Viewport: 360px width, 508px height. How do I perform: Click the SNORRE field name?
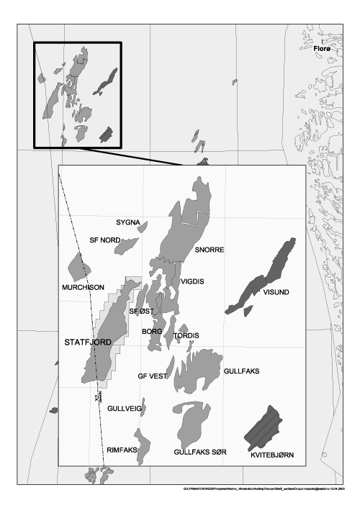coord(210,250)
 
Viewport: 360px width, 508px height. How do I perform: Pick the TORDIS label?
coord(186,336)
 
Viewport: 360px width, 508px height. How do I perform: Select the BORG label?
coord(153,332)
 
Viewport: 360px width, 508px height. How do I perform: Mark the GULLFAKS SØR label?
coord(200,452)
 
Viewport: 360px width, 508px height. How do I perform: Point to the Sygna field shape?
coord(143,227)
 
